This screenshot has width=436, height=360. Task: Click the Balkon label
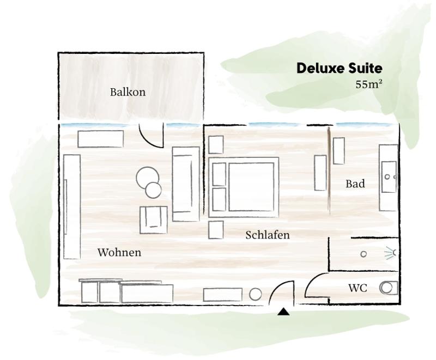click(x=128, y=92)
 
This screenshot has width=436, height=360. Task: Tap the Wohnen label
click(x=119, y=252)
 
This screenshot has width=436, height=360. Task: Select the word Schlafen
click(x=268, y=235)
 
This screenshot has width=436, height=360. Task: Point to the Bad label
click(x=355, y=184)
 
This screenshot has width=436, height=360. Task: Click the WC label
click(x=358, y=288)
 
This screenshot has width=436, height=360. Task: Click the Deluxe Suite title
click(x=339, y=68)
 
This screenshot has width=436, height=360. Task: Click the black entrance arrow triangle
click(x=283, y=312)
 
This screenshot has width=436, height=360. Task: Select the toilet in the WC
click(x=389, y=288)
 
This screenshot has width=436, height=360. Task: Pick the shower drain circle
click(x=364, y=254)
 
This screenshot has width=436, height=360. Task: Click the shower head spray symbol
click(x=390, y=253)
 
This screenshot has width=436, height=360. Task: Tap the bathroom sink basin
click(x=389, y=177)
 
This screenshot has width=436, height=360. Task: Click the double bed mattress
click(x=251, y=187)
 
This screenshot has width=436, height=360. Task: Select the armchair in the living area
click(x=154, y=220)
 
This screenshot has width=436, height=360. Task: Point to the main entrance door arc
click(x=275, y=289)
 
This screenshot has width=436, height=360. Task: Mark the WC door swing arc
click(x=311, y=281)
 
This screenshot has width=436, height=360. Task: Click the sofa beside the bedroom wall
click(x=186, y=184)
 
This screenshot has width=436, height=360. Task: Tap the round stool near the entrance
click(x=255, y=295)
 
